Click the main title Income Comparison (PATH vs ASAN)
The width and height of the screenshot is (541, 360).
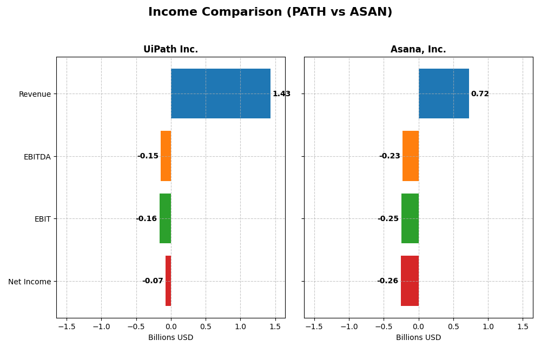click(x=270, y=12)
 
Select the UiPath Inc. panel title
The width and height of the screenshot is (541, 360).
click(x=170, y=49)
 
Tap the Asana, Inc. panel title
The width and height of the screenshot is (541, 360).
click(x=418, y=49)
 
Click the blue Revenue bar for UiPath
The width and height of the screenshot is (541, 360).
click(x=221, y=94)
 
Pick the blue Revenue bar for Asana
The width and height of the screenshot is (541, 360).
click(x=444, y=94)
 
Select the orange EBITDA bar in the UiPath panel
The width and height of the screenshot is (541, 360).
click(x=166, y=156)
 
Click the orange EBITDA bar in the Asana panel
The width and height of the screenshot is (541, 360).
click(x=411, y=156)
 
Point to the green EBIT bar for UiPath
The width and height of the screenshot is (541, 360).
click(x=165, y=218)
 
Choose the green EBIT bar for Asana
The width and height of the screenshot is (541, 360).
click(x=410, y=218)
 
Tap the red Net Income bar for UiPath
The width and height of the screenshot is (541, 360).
click(x=168, y=281)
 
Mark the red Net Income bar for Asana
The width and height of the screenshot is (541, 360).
click(x=410, y=281)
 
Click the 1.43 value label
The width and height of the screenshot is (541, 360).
click(x=281, y=94)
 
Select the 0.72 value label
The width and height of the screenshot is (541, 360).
click(x=480, y=94)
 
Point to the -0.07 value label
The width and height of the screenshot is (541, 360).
click(x=153, y=281)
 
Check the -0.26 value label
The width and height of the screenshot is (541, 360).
click(x=387, y=281)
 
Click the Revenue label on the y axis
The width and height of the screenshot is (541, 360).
click(x=35, y=94)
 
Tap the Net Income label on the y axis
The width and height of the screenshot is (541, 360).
click(x=29, y=282)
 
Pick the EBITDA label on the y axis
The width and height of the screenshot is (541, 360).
click(x=37, y=157)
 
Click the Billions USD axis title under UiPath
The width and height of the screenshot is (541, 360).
click(x=170, y=338)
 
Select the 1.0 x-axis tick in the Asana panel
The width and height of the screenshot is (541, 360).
click(x=488, y=327)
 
